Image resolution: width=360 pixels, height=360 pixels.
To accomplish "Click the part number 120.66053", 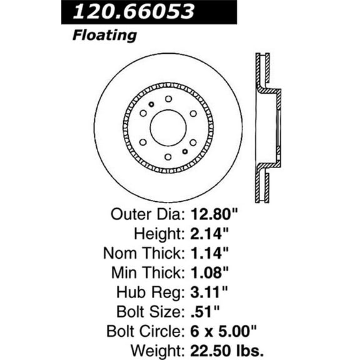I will [x=134, y=12].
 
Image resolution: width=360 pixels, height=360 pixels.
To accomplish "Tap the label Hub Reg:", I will [x=151, y=294].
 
